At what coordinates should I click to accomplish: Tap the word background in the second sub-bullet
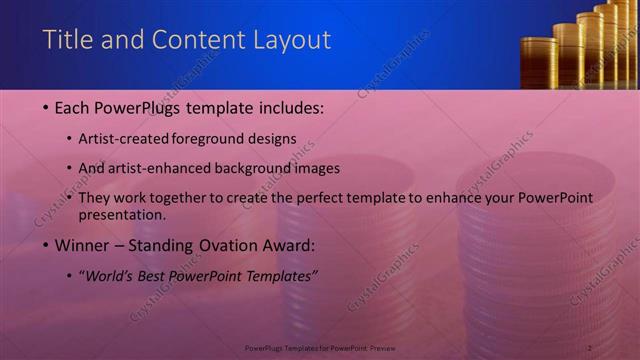pyautogui.click(x=264, y=169)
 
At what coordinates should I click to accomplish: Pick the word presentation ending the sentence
pyautogui.click(x=120, y=214)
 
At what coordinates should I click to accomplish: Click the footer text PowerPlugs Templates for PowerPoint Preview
pyautogui.click(x=319, y=347)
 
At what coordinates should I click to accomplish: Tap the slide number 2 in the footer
pyautogui.click(x=590, y=347)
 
